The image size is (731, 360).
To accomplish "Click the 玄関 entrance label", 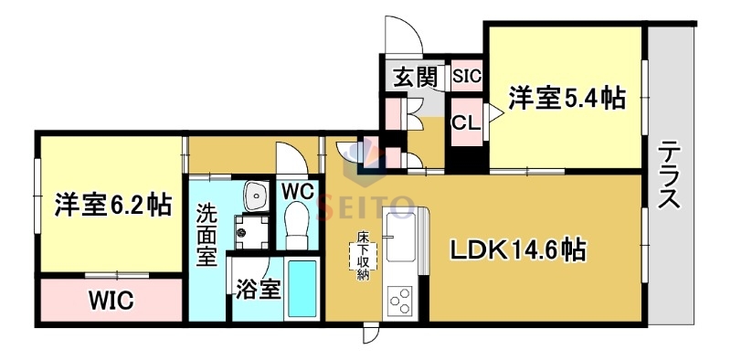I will [414, 77].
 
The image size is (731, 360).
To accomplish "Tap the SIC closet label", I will [466, 76].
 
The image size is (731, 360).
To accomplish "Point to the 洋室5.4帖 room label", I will [567, 98].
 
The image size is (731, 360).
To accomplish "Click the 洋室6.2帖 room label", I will [112, 205].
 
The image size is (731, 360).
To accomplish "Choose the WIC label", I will [111, 299].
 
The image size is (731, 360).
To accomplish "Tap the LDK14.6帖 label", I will [515, 249].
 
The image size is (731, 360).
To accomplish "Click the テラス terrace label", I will [670, 176].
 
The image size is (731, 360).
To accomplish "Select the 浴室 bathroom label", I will [258, 289].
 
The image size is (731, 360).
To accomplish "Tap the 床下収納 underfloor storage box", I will [363, 257].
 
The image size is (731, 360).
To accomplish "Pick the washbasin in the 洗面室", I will [255, 195].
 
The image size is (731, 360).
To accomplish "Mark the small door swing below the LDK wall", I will [369, 334].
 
